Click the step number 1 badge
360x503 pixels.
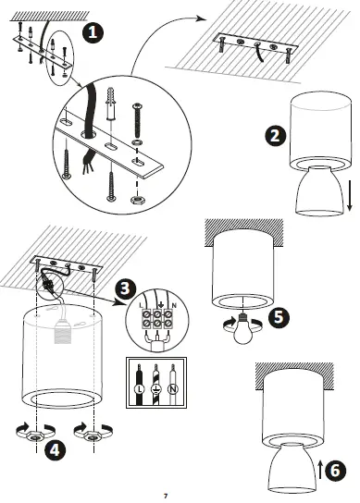[93, 32]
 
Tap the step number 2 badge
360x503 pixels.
[276, 136]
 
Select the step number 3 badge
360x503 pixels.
[126, 288]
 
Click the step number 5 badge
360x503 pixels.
[279, 317]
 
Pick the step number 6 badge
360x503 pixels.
[336, 471]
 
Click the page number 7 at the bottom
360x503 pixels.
[166, 496]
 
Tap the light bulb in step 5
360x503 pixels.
[242, 329]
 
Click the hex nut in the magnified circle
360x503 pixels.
[137, 200]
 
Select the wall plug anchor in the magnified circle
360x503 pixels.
[110, 104]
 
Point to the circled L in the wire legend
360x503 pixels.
[140, 389]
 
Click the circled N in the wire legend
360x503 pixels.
[173, 389]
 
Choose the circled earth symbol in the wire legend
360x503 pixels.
[156, 389]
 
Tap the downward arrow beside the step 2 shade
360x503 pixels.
[350, 195]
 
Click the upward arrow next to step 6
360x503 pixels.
[320, 470]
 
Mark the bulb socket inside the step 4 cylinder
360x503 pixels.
[63, 332]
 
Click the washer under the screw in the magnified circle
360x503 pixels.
[137, 142]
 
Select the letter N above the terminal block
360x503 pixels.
[174, 306]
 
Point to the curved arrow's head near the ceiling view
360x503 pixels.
[202, 18]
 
